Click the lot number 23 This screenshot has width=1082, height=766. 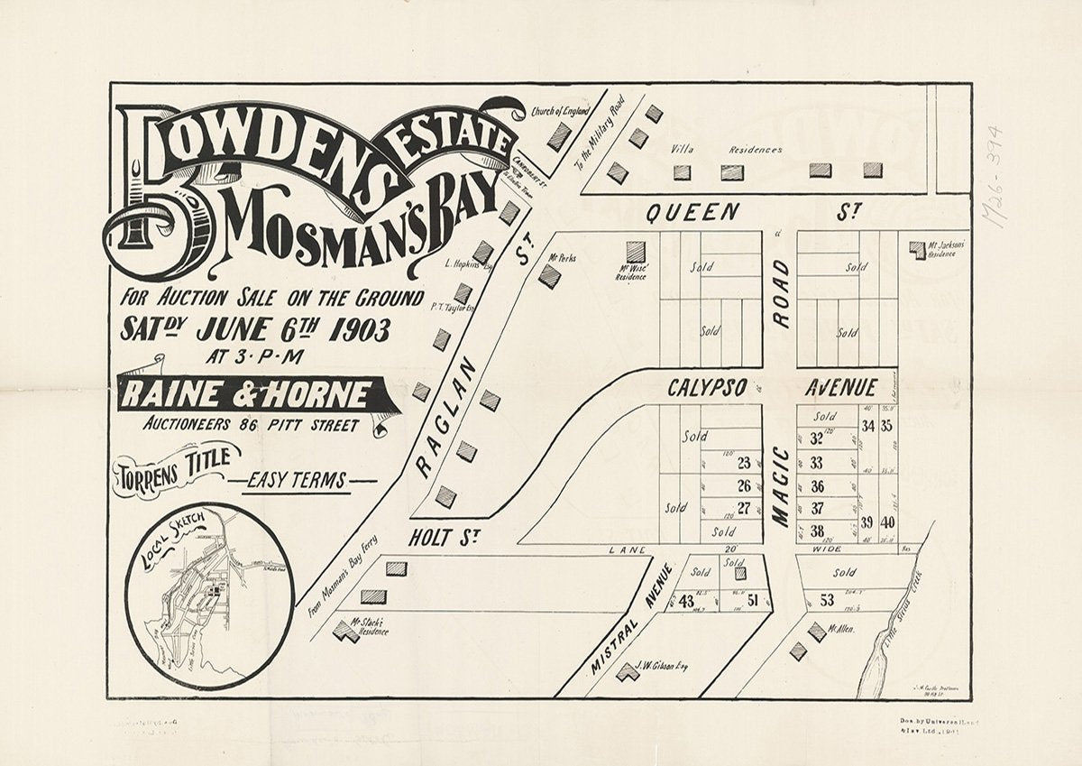[x=744, y=464]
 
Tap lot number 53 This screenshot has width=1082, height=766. [x=827, y=601]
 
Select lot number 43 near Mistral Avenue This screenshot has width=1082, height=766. [x=687, y=602]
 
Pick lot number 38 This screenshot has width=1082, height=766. [x=817, y=531]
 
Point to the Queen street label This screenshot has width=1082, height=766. [x=692, y=213]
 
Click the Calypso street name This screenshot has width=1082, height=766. [x=707, y=388]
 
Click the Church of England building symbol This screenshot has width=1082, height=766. [x=559, y=136]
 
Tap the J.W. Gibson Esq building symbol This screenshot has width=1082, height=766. [x=628, y=672]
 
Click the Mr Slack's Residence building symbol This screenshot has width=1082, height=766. [x=344, y=631]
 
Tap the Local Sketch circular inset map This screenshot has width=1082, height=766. [x=209, y=595]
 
